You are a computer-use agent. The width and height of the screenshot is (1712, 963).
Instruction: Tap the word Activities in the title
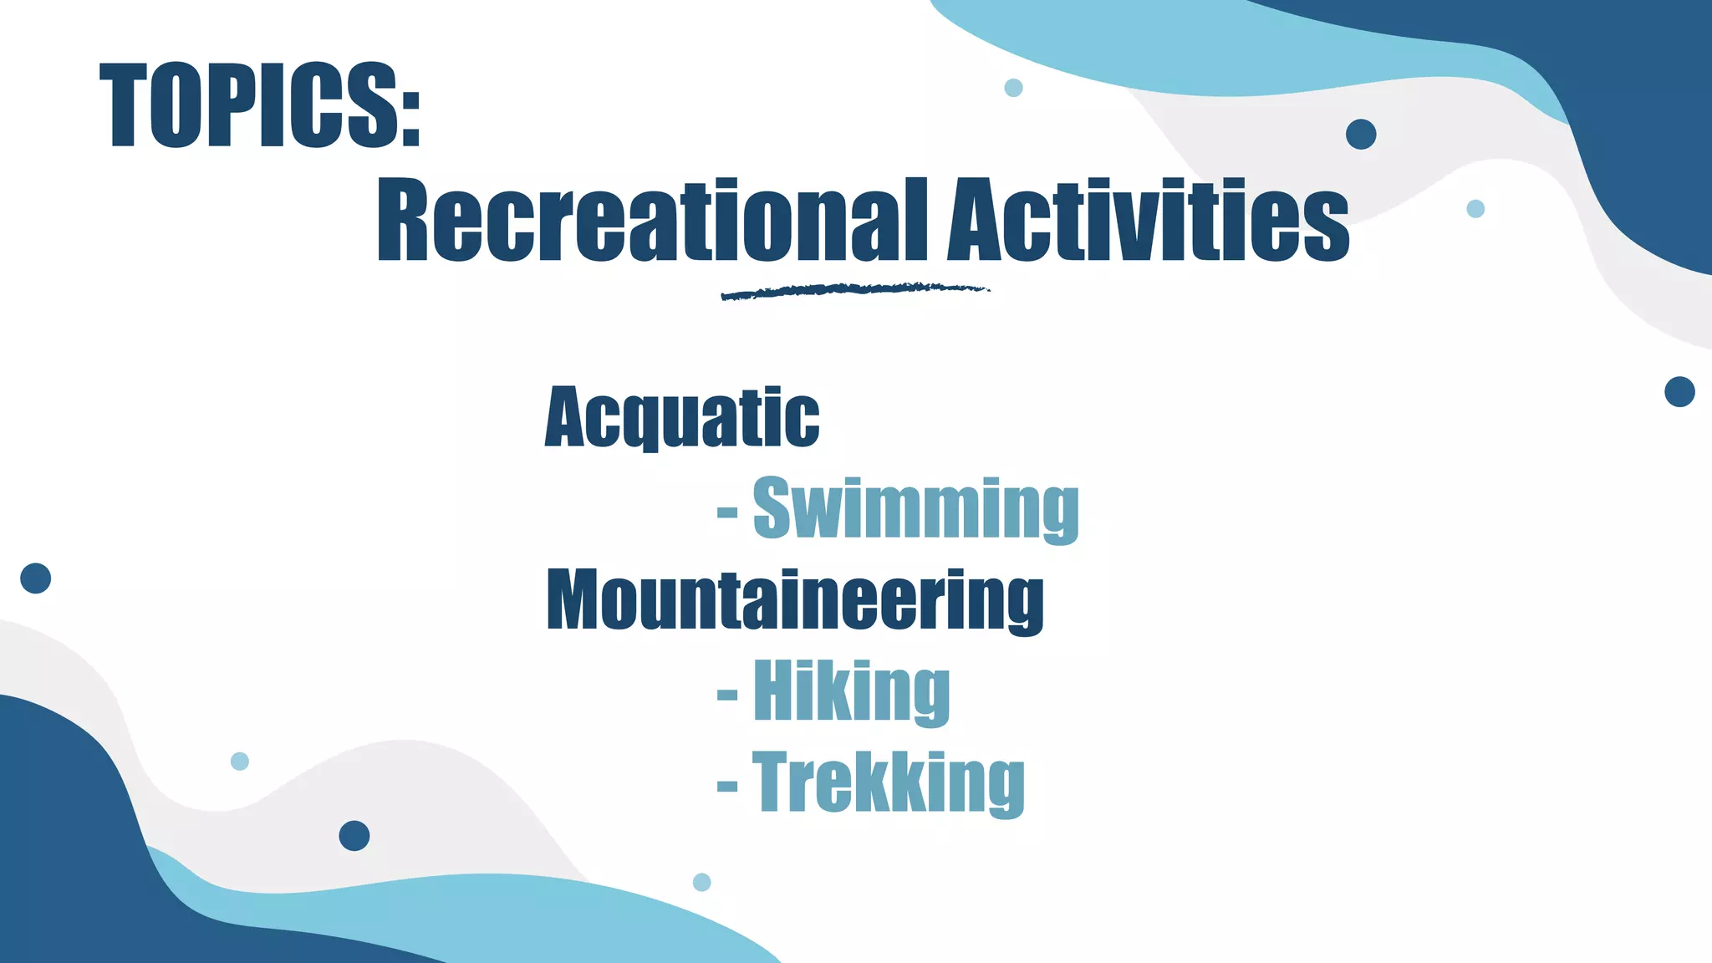point(1148,219)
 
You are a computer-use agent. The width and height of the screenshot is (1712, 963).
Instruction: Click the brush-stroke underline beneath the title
point(854,291)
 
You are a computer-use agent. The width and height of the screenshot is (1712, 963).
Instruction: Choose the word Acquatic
point(682,418)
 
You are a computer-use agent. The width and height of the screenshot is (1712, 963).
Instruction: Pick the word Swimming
point(915,509)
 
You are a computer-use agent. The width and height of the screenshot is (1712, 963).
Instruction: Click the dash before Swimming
point(727,511)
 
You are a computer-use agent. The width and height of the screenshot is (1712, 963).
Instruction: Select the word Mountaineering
point(795,600)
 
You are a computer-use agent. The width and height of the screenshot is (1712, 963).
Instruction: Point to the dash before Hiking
point(727,694)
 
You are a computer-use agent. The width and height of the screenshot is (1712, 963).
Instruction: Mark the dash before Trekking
point(727,786)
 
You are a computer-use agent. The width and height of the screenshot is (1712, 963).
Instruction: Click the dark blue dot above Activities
point(1361,135)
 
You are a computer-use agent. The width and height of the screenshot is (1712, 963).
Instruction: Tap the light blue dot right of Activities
point(1475,209)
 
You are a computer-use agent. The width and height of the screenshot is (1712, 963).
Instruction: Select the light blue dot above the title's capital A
point(1013,88)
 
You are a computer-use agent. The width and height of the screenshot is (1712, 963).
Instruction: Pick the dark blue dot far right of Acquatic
point(1679,391)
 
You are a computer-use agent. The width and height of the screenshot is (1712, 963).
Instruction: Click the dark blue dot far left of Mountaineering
point(36,578)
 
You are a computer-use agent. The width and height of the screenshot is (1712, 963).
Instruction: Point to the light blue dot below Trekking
point(702,882)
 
